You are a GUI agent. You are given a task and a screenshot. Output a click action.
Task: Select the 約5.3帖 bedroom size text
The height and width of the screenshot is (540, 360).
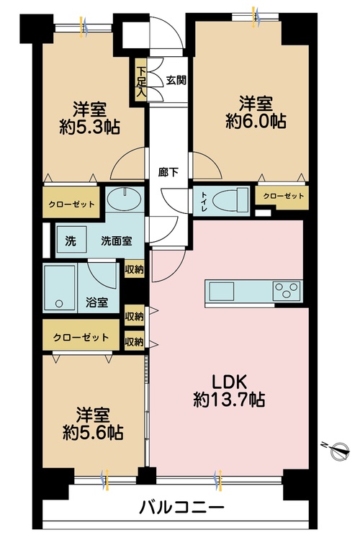pyautogui.click(x=90, y=127)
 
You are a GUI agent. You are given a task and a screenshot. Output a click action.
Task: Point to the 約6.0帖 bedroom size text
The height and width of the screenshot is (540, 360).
pyautogui.click(x=256, y=121)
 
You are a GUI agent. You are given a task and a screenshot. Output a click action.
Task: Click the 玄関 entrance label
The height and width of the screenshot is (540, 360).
pyautogui.click(x=176, y=80)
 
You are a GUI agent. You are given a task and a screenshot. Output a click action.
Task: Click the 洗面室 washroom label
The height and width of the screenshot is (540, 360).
pyautogui.click(x=115, y=241)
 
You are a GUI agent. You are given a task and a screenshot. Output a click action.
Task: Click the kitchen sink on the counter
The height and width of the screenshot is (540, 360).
pyautogui.click(x=220, y=291)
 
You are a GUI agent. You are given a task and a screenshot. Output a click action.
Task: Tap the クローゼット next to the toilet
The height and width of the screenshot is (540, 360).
pyautogui.click(x=283, y=197)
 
